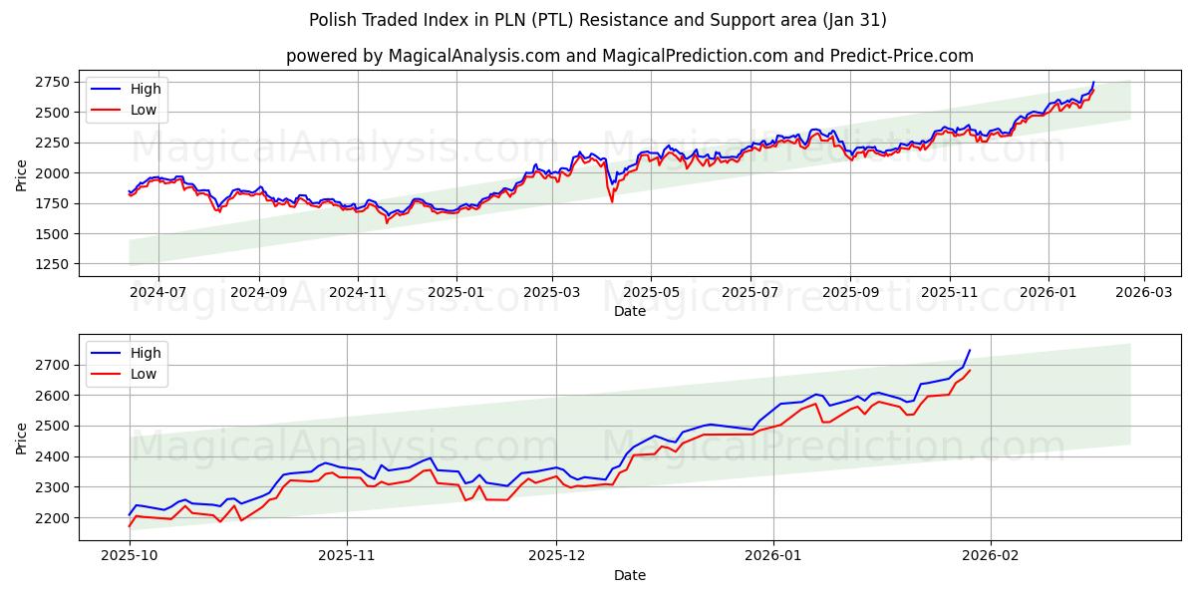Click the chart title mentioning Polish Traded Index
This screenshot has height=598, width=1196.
point(597,20)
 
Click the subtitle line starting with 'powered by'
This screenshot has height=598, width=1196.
point(629,56)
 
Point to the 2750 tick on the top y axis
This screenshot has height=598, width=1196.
point(56,82)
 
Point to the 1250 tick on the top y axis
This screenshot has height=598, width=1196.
point(56,264)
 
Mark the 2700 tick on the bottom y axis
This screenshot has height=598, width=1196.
point(56,365)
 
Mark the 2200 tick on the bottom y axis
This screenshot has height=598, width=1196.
point(56,518)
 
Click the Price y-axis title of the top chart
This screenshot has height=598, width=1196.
point(22,174)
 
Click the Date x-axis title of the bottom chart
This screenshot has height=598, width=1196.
point(629,575)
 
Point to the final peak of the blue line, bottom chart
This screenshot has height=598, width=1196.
point(970,350)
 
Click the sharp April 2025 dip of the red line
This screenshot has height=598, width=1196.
point(612,201)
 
